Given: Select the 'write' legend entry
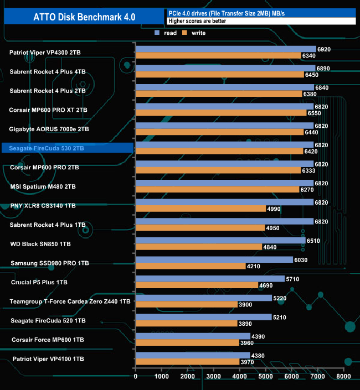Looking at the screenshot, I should pos(198,33).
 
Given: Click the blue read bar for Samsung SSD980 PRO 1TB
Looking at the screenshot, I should pos(214,259).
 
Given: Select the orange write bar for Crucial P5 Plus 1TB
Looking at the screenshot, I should pos(197,285).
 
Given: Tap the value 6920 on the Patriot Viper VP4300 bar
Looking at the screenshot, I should pos(324,49).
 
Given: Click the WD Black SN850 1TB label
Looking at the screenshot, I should pos(40,243).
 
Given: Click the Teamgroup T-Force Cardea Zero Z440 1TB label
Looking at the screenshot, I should pos(70,301).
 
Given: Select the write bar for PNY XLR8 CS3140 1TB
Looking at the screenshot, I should pos(200,209).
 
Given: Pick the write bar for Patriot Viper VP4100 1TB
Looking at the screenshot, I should pos(187,362).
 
